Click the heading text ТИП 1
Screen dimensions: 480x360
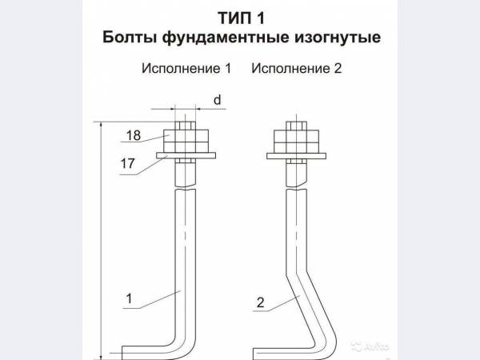[242, 18]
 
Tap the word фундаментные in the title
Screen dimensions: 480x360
[226, 38]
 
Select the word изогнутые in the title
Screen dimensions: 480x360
[338, 38]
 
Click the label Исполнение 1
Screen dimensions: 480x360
[186, 68]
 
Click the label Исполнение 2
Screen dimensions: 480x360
[296, 68]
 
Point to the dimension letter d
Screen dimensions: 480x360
[217, 100]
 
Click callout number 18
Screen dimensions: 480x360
[134, 135]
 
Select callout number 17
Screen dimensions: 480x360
[128, 163]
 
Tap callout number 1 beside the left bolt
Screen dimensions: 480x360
[129, 298]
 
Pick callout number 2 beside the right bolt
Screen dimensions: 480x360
[260, 302]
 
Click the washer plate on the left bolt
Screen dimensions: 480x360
[186, 155]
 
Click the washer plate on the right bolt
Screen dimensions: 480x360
[296, 156]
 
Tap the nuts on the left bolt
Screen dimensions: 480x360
[186, 141]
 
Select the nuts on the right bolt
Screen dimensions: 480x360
[296, 142]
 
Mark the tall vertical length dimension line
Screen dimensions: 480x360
[101, 241]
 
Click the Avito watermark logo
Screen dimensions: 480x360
[370, 346]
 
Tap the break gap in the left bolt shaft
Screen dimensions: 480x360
[186, 188]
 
